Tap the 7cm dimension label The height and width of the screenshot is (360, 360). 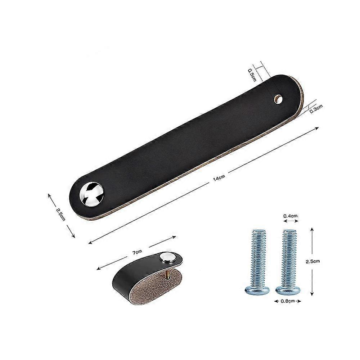click(x=137, y=252)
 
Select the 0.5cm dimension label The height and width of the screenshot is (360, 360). click(x=252, y=75)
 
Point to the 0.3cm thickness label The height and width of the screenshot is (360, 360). click(x=316, y=109)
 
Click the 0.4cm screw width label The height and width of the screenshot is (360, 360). click(x=290, y=216)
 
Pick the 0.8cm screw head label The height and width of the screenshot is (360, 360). click(x=288, y=301)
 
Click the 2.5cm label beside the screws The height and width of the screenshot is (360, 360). click(x=313, y=261)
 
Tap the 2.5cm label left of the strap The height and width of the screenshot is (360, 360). click(x=60, y=214)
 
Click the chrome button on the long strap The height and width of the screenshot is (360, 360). click(x=91, y=194)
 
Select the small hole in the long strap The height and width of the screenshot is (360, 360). click(x=278, y=99)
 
